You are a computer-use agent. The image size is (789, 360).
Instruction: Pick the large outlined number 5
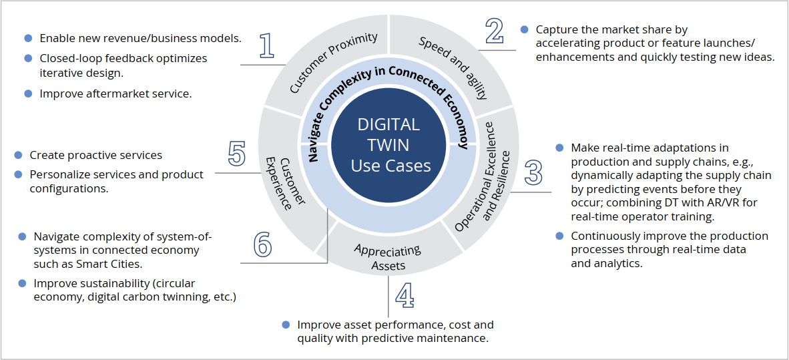[x=236, y=154]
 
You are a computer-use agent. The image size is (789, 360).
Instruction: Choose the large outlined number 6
[x=262, y=244]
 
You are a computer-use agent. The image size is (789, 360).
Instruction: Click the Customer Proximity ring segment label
[x=334, y=63]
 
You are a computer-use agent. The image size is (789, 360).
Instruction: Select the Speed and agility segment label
[x=453, y=67]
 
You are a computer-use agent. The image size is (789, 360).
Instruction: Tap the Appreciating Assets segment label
[x=388, y=257]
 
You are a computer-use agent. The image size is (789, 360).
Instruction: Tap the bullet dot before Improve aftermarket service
[x=28, y=94]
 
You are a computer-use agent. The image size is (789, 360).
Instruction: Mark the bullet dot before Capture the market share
[x=524, y=29]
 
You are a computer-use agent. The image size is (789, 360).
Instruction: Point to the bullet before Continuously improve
[x=559, y=236]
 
